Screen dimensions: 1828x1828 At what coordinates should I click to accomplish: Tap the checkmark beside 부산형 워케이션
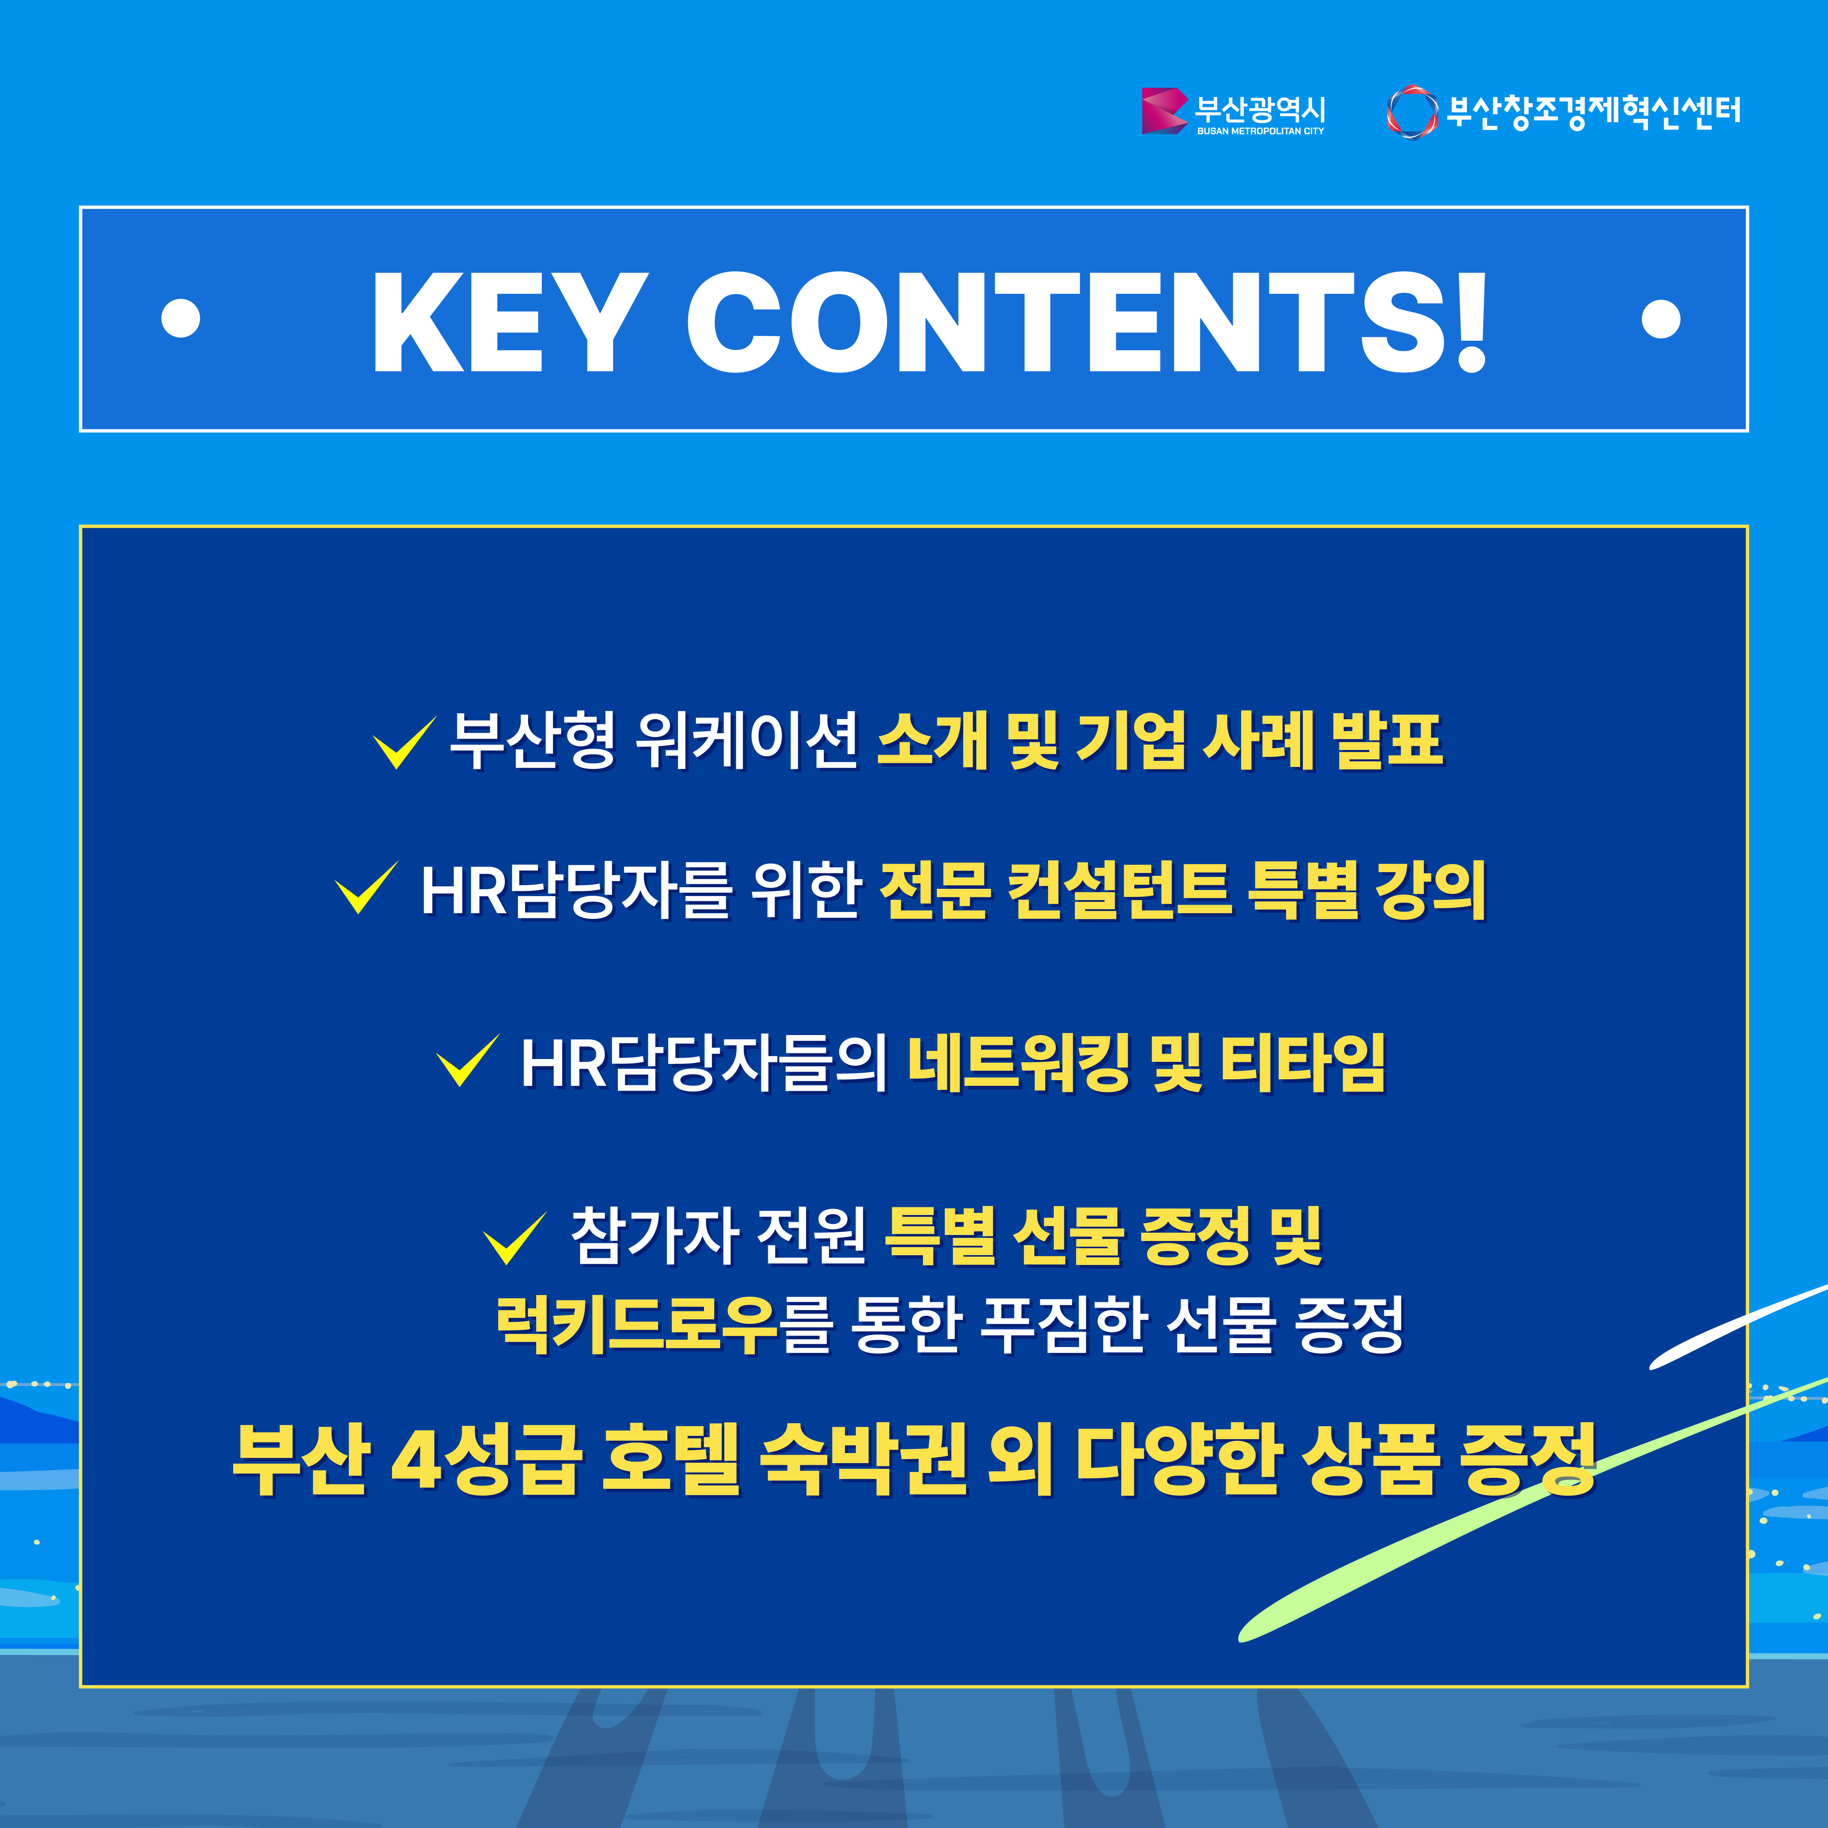coord(404,743)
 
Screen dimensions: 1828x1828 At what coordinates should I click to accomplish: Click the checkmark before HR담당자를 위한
coord(366,888)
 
